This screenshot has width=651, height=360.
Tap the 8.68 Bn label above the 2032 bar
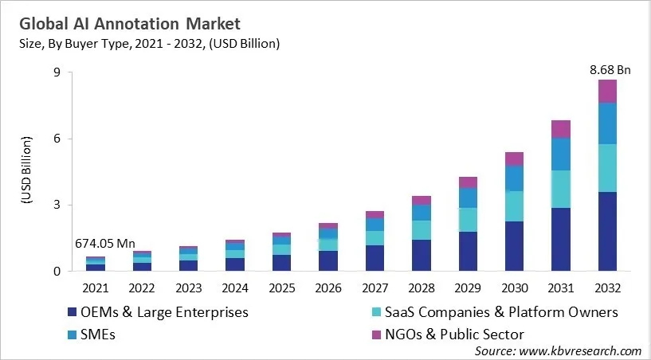click(x=610, y=70)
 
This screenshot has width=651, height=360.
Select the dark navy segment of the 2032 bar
click(x=608, y=231)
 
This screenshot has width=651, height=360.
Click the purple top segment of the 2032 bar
click(x=608, y=91)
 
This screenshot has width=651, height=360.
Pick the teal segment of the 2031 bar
click(x=561, y=189)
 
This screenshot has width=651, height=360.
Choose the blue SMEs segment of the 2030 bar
click(x=514, y=178)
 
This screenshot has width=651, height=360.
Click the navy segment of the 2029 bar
click(x=468, y=251)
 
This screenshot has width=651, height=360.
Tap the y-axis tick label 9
click(x=57, y=72)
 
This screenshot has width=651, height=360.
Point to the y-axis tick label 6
click(x=57, y=139)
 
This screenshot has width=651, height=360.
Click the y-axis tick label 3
click(x=57, y=205)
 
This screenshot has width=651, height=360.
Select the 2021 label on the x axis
click(x=95, y=288)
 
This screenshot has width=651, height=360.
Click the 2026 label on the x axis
click(x=328, y=288)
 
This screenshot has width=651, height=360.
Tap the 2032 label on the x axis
click(x=608, y=288)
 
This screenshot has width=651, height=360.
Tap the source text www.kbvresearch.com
click(x=557, y=350)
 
